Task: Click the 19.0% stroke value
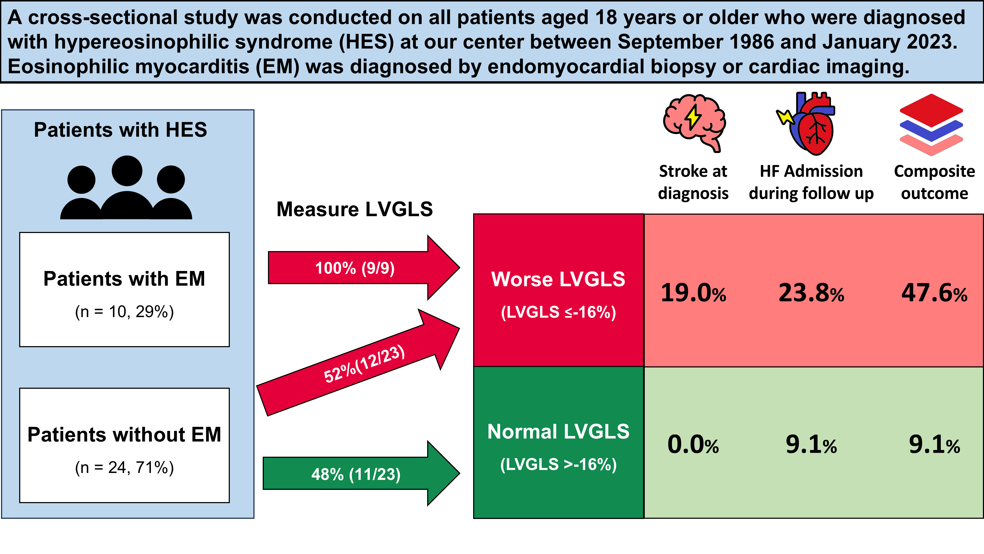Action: tap(693, 293)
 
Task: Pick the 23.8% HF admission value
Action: tap(811, 293)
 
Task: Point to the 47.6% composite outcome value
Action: tap(934, 293)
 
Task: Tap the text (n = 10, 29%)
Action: tap(125, 312)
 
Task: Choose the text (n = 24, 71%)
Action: tap(125, 467)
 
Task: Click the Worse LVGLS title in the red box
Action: tap(558, 279)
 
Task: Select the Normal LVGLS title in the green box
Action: tap(558, 432)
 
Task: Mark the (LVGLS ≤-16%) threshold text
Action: tap(558, 312)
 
